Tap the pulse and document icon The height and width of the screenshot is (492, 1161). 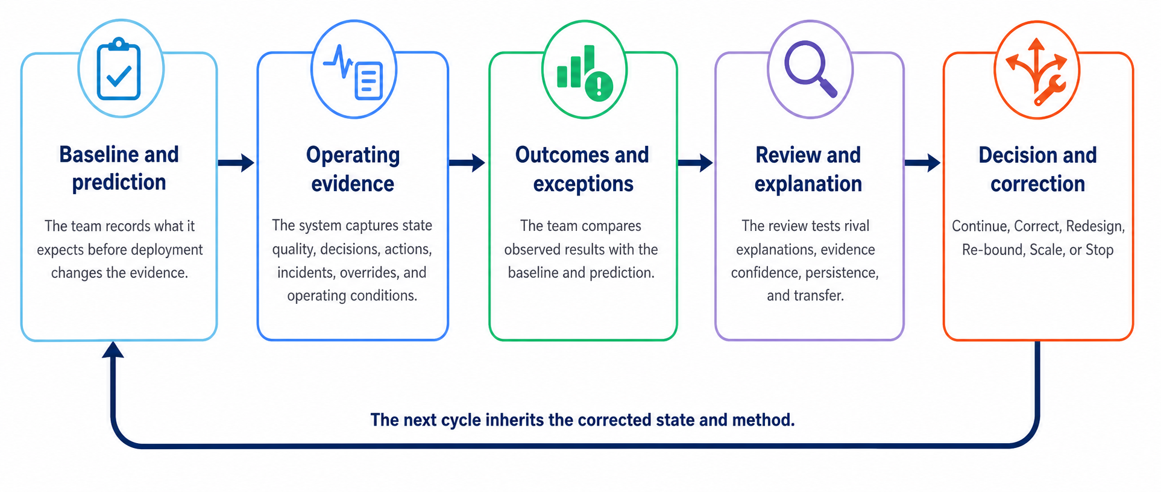(x=353, y=72)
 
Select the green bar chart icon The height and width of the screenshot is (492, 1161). (x=584, y=73)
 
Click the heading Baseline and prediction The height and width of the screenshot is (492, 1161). (x=119, y=168)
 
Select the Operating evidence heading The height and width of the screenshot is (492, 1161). (x=353, y=169)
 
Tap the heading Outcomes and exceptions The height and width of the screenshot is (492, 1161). (x=582, y=169)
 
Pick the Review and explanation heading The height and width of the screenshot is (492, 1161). (x=808, y=169)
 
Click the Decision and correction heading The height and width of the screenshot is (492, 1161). (x=1037, y=169)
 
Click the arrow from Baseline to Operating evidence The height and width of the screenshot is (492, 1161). (x=236, y=163)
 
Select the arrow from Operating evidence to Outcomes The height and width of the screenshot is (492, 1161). (x=467, y=163)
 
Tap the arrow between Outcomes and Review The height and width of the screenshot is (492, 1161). (x=696, y=163)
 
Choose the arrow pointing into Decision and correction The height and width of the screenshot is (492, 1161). (x=923, y=163)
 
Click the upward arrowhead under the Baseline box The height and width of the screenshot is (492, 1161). (x=113, y=349)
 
